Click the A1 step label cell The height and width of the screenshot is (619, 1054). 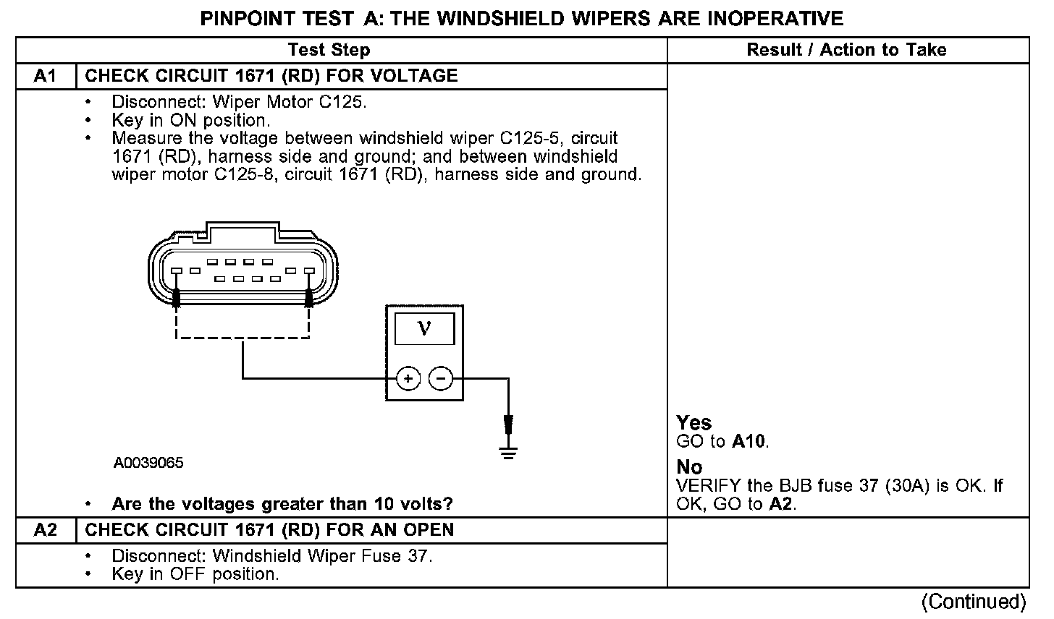(45, 76)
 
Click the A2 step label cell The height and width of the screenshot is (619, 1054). (45, 530)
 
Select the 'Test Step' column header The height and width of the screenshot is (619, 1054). (329, 50)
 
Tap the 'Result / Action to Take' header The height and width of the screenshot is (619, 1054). (846, 50)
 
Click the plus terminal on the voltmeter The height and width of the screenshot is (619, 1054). (408, 378)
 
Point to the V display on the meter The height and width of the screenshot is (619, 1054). (424, 329)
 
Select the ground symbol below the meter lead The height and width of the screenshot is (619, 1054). (509, 454)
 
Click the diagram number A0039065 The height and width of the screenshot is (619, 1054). (148, 462)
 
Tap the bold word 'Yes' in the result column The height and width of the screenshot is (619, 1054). (693, 423)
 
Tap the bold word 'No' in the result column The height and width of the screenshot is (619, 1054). (689, 467)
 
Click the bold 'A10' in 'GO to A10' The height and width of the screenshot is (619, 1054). (749, 441)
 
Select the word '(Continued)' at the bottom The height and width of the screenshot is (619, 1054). (973, 602)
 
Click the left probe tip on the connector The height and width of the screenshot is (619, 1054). (176, 297)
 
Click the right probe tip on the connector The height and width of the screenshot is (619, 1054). (309, 297)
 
